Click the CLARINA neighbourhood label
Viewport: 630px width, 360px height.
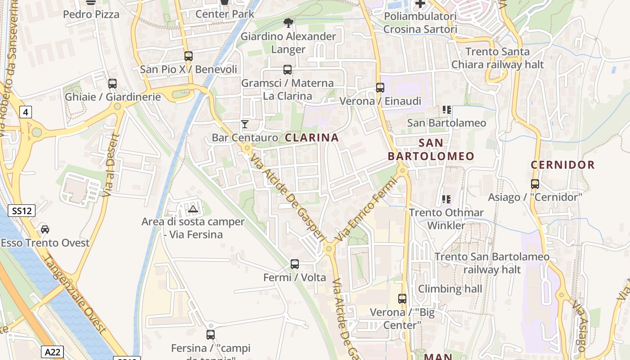tap(312, 138)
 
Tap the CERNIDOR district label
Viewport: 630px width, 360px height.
tap(562, 165)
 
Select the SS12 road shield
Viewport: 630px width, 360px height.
tap(22, 210)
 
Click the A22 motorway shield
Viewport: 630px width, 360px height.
tap(53, 351)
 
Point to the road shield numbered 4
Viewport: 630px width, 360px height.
tap(26, 112)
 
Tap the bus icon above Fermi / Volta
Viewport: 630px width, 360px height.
tap(295, 264)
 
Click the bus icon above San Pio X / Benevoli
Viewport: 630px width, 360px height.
tap(189, 56)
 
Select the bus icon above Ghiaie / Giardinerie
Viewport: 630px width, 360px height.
tap(112, 84)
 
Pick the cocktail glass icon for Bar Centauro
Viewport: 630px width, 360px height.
tap(245, 124)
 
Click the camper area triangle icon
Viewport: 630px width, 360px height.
tap(193, 209)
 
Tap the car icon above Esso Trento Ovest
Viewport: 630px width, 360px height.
tap(45, 229)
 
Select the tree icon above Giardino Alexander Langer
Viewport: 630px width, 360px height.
tap(288, 22)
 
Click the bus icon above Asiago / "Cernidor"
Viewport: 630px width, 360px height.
tap(535, 184)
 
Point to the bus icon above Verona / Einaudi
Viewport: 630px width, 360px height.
tap(380, 88)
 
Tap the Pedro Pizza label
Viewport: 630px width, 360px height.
tap(91, 14)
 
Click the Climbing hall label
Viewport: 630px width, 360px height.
tap(450, 289)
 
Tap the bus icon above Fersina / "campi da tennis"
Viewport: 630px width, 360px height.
tap(211, 335)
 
